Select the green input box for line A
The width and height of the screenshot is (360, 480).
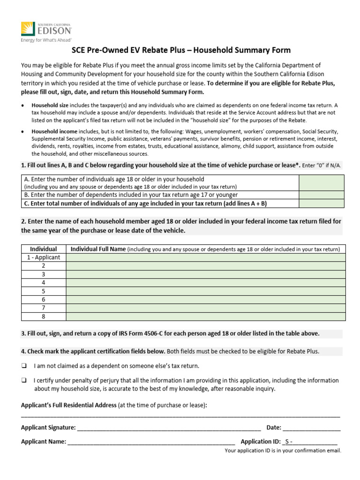click(321, 183)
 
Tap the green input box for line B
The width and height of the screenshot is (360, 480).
click(321, 195)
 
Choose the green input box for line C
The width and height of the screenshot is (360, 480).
click(321, 203)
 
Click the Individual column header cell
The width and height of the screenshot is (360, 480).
click(43, 249)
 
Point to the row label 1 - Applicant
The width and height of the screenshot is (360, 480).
click(43, 257)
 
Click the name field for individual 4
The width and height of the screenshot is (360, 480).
click(205, 283)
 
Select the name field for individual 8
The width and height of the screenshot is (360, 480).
click(205, 316)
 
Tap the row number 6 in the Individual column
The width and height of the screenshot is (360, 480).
click(43, 300)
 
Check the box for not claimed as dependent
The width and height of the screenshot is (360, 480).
click(23, 366)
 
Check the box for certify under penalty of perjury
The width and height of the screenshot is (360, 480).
click(23, 381)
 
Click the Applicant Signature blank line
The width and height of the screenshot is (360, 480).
click(168, 427)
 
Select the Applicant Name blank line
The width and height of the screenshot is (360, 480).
click(151, 442)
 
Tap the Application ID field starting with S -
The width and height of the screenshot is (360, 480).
click(309, 442)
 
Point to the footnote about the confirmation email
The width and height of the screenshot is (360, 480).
click(283, 451)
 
